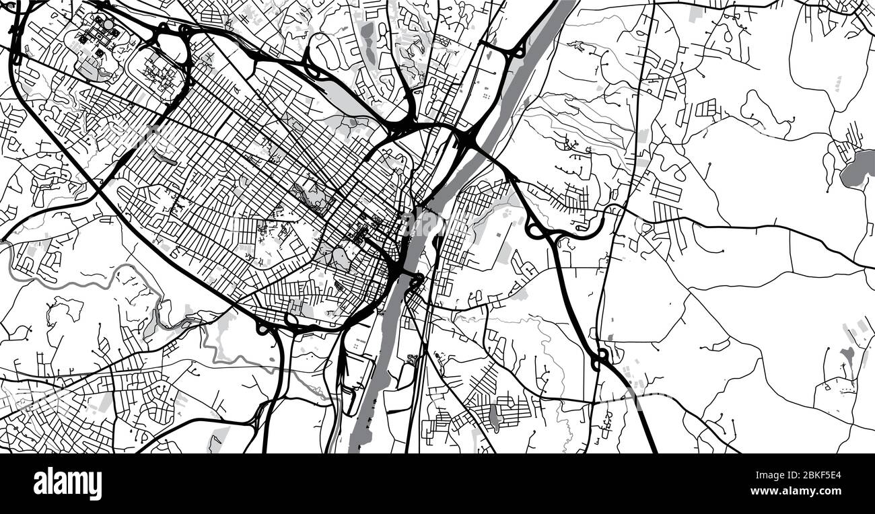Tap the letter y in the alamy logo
point(96,486)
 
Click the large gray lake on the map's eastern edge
point(856,168)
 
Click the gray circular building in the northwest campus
point(106,24)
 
